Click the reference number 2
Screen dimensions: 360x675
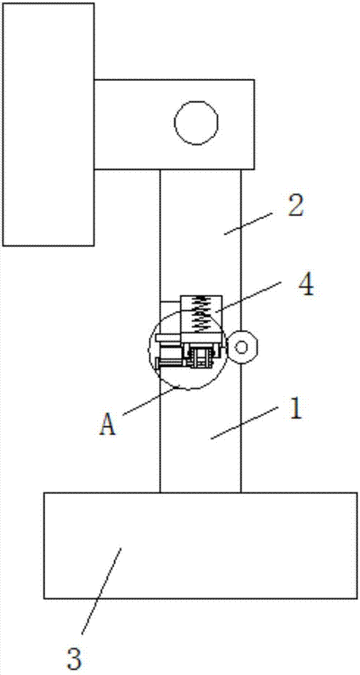pyautogui.click(x=295, y=207)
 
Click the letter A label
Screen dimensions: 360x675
pyautogui.click(x=107, y=424)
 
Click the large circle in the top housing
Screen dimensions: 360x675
pyautogui.click(x=196, y=123)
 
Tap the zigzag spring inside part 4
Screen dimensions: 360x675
pyautogui.click(x=201, y=314)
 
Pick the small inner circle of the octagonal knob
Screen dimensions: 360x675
pyautogui.click(x=242, y=347)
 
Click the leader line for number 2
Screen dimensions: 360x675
pyautogui.click(x=248, y=223)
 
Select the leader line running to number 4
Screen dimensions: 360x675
pyautogui.click(x=248, y=296)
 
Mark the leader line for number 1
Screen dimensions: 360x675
pyautogui.click(x=243, y=423)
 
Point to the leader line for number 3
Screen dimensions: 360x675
pyautogui.click(x=101, y=590)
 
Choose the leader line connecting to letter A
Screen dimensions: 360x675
pyautogui.click(x=151, y=400)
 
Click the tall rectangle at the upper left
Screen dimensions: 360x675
pyautogui.click(x=49, y=124)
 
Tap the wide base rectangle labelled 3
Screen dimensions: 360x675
pyautogui.click(x=200, y=545)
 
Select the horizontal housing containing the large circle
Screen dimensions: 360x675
pyautogui.click(x=174, y=124)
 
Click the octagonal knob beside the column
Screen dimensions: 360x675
pyautogui.click(x=242, y=347)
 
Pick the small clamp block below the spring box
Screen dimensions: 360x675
pyautogui.click(x=201, y=357)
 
